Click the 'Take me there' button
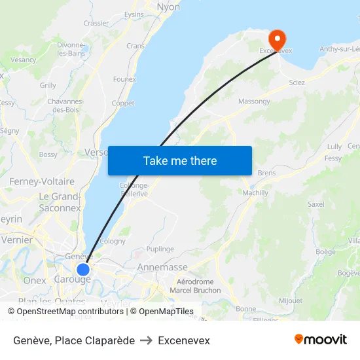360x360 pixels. point(180,161)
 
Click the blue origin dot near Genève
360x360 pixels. point(83,269)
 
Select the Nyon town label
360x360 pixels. point(168,7)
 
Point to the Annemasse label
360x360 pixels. point(162,268)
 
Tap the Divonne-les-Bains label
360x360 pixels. point(71,49)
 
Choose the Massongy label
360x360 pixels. point(254,101)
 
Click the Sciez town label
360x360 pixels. point(297,82)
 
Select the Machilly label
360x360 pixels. point(255,193)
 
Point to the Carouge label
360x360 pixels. point(75,279)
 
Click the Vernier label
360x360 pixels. point(17,240)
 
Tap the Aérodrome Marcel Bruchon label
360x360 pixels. point(195,285)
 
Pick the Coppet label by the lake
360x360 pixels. point(123,103)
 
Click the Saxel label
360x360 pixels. point(316,204)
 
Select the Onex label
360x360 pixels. point(35,280)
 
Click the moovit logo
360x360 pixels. point(320,340)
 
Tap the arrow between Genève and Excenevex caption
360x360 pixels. point(146,340)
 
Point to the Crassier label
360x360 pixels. point(96,23)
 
